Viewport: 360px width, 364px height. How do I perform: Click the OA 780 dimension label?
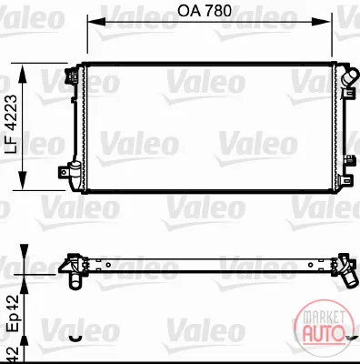click(205, 11)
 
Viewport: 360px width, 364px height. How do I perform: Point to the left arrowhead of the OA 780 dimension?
click(96, 22)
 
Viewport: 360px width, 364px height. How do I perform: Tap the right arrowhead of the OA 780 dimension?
click(321, 22)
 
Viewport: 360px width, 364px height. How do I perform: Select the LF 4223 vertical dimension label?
click(13, 125)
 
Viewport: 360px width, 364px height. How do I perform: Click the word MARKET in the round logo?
click(324, 318)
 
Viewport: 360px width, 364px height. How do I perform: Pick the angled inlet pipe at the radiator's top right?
click(349, 76)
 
